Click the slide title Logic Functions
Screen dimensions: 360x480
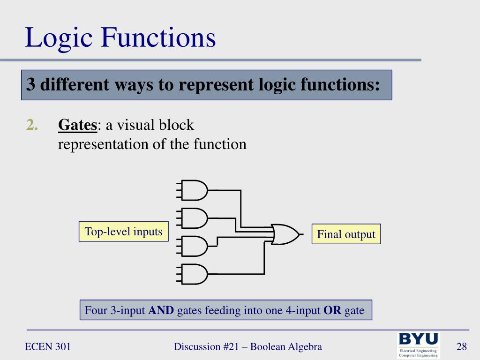pyautogui.click(x=120, y=38)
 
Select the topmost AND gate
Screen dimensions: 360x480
pyautogui.click(x=194, y=190)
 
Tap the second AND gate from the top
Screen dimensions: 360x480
pyautogui.click(x=194, y=218)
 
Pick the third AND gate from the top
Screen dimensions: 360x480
pyautogui.click(x=194, y=246)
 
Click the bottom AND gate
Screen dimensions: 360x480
pyautogui.click(x=194, y=274)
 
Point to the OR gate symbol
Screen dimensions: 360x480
pyautogui.click(x=284, y=234)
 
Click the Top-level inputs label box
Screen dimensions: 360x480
pyautogui.click(x=123, y=232)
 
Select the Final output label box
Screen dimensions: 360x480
pyautogui.click(x=346, y=234)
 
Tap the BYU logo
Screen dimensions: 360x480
pyautogui.click(x=419, y=345)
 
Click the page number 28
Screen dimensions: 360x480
pyautogui.click(x=462, y=347)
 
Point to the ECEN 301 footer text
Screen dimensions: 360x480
pyautogui.click(x=47, y=347)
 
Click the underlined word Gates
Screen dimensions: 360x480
pyautogui.click(x=77, y=125)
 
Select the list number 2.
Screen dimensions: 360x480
pyautogui.click(x=32, y=125)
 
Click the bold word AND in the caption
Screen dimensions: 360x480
pyautogui.click(x=161, y=310)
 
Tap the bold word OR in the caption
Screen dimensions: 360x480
pyautogui.click(x=332, y=310)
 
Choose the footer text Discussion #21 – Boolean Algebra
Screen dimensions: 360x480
pyautogui.click(x=247, y=347)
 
